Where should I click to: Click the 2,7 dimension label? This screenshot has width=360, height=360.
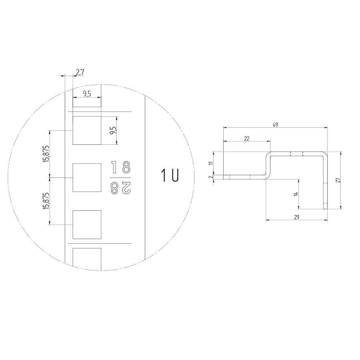80,72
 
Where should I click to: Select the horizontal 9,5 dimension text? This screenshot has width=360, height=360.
87,94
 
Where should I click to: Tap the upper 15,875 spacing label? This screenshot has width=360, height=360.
46,154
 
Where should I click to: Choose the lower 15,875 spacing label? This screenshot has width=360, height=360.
46,201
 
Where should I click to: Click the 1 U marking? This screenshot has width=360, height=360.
170,176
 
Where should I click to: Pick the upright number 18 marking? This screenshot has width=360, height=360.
121,167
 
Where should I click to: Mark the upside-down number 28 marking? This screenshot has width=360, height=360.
121,188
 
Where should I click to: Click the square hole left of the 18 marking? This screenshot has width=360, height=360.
87,178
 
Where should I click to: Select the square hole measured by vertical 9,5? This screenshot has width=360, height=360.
87,130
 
